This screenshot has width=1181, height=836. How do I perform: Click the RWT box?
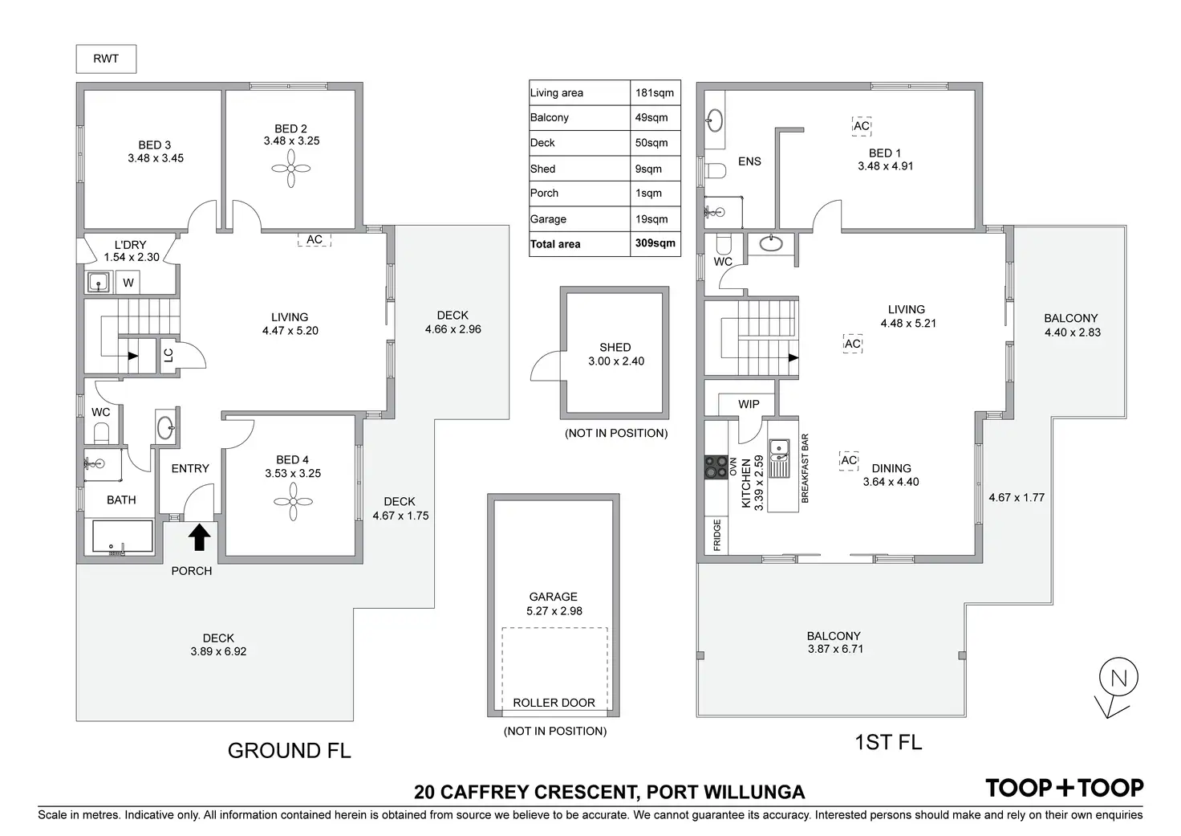point(106,59)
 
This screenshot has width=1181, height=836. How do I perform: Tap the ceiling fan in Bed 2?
point(290,170)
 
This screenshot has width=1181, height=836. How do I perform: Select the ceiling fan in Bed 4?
point(293,503)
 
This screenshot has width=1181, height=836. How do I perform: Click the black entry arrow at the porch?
point(199,536)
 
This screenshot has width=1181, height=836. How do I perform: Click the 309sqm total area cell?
point(655,243)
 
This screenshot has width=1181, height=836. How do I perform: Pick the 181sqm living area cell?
point(655,92)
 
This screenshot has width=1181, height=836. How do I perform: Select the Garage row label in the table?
point(548,218)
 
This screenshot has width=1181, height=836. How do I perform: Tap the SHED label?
point(615,348)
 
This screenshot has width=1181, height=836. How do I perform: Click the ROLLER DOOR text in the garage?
point(554,703)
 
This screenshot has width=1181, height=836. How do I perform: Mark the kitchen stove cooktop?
point(715,467)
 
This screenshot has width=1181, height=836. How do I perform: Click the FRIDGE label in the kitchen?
point(717,535)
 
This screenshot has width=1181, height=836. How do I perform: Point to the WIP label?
point(749,404)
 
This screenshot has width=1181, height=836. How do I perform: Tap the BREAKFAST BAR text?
point(805,468)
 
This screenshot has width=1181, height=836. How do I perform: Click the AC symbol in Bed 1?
point(861,126)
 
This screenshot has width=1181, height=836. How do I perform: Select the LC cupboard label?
point(168,354)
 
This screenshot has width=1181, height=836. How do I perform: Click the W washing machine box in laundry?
point(128,283)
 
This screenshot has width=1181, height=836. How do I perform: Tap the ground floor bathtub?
point(122,537)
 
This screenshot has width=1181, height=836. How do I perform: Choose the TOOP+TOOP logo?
point(1065,788)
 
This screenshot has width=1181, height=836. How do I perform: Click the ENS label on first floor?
point(749,161)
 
